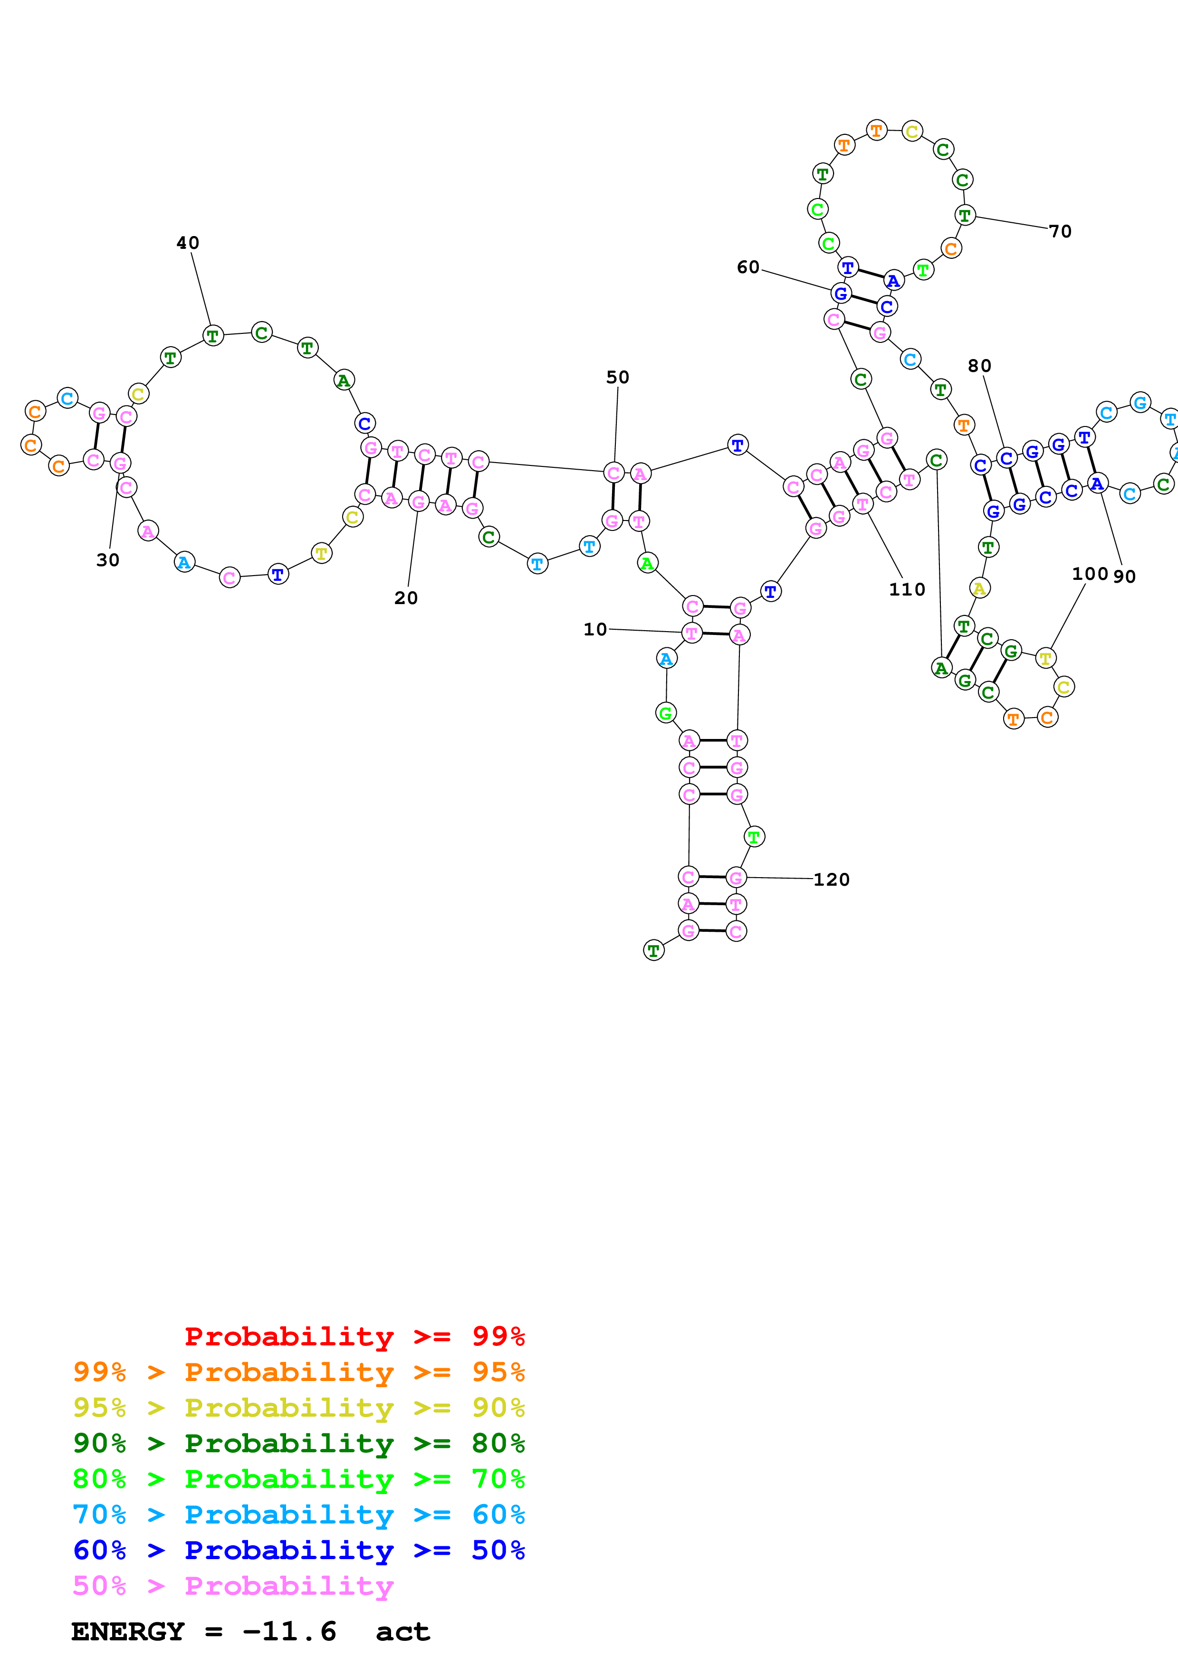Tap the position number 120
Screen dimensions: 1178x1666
click(831, 880)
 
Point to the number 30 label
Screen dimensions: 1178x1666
click(107, 560)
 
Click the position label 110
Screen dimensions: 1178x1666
click(907, 590)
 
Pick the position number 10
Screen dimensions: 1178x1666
click(594, 629)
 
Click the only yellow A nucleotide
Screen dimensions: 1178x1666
click(979, 588)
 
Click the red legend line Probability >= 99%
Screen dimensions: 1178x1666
click(354, 1336)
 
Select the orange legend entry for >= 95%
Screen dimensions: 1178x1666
click(299, 1372)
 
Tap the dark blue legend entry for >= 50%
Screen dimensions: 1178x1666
click(299, 1550)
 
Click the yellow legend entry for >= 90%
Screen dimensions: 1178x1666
click(299, 1408)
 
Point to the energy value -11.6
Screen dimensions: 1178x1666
click(289, 1631)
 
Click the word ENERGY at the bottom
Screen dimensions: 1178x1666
click(128, 1631)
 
